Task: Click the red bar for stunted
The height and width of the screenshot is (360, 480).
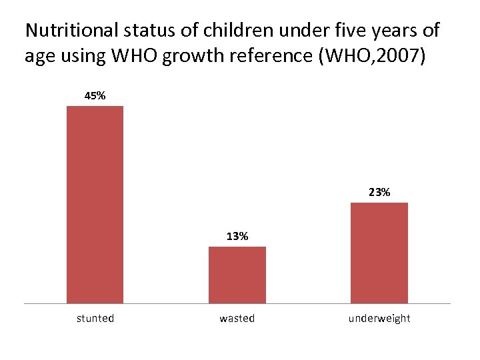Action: click(x=95, y=205)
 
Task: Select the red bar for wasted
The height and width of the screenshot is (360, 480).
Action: click(x=237, y=275)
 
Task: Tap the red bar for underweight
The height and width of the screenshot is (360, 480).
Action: click(x=379, y=253)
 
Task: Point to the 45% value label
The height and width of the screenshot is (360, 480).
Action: click(x=95, y=95)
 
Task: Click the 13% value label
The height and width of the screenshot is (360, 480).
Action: click(x=237, y=236)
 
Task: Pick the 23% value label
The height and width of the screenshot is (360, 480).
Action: click(x=379, y=192)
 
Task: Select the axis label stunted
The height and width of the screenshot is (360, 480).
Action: click(x=95, y=319)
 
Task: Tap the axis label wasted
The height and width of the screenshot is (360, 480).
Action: click(x=237, y=319)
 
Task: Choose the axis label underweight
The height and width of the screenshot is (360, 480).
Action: click(x=379, y=319)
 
